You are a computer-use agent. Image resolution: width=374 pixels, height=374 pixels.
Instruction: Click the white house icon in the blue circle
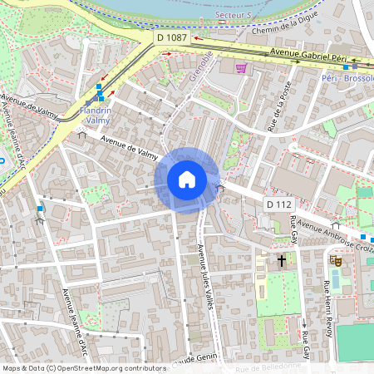pos(187,179)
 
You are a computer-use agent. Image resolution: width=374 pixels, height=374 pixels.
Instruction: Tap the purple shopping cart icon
pos(241,68)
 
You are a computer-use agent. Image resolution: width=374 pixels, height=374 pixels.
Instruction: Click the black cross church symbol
pos(282,261)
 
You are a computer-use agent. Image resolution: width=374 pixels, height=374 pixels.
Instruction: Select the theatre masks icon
pos(337,261)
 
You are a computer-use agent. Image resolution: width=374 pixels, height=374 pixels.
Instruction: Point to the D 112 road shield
pos(280,204)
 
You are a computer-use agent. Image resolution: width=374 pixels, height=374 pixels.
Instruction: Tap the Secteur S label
pos(234,16)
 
